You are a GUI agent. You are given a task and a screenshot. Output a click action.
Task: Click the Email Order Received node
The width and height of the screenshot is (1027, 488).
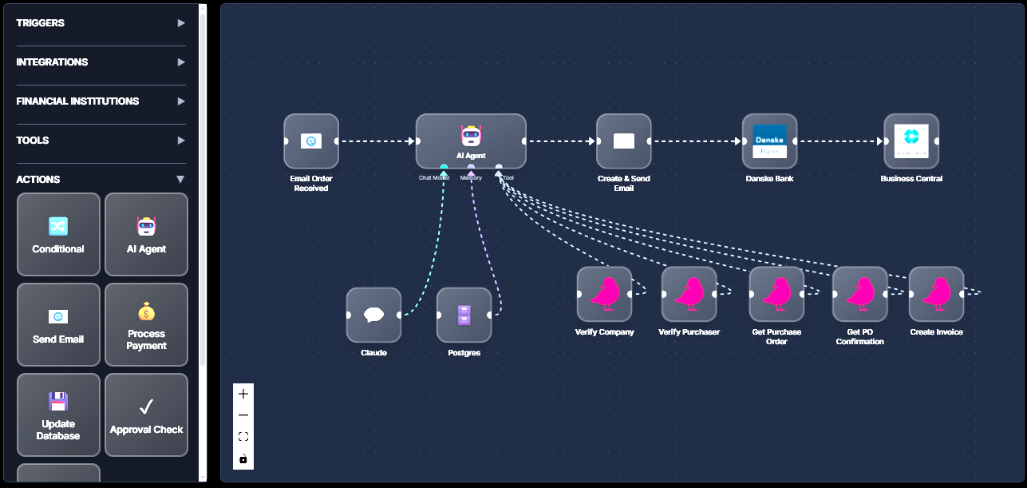point(311,141)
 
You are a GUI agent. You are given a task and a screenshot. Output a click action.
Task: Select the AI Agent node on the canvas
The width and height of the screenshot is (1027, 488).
point(471,141)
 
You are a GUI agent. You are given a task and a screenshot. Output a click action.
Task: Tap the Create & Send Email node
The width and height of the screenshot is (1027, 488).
point(623,141)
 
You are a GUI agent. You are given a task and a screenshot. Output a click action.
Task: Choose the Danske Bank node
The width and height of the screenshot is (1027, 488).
point(769,141)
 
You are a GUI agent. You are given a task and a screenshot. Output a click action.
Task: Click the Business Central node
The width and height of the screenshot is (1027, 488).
point(911,141)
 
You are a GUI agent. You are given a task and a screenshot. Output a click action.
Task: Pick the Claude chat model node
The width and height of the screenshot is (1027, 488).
point(373,315)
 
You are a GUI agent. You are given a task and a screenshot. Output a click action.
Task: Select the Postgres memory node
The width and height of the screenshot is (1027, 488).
point(464,315)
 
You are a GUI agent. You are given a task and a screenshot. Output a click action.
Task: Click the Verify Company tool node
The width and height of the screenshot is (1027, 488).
point(604,294)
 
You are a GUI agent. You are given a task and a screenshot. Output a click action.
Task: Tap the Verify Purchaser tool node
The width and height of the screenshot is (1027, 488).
point(689,294)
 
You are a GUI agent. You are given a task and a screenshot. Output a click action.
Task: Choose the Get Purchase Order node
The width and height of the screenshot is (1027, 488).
point(776,294)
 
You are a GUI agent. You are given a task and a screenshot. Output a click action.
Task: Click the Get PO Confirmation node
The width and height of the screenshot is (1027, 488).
point(859,294)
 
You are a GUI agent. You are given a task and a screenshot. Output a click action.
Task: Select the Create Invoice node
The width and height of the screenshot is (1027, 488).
point(936,294)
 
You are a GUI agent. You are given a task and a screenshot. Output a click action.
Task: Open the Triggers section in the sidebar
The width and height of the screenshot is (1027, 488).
point(101,23)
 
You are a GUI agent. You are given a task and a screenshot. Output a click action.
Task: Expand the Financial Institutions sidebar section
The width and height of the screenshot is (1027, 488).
point(101,101)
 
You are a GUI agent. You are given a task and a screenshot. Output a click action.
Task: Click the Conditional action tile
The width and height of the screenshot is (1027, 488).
point(58,235)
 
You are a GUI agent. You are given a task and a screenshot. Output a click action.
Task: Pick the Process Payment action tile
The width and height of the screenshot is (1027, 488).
point(146,325)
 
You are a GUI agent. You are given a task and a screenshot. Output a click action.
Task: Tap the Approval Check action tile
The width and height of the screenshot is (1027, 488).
point(146,415)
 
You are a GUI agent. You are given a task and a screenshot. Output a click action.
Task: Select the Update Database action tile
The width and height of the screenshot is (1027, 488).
point(58,415)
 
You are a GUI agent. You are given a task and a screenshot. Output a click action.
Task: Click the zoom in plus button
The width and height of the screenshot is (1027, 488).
point(243,394)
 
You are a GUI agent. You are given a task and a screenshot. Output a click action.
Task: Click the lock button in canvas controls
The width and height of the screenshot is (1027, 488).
point(243,459)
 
